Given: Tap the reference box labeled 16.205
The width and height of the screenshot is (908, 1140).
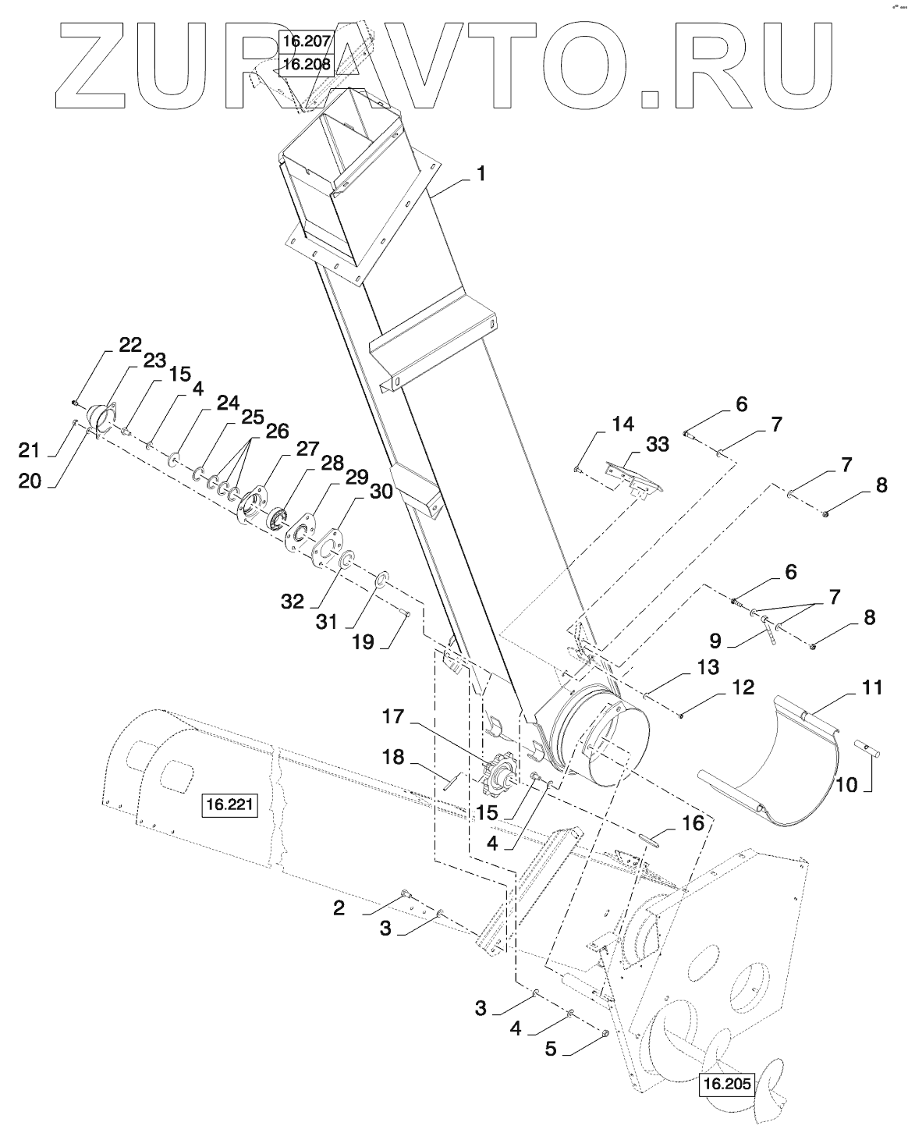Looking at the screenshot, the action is [x=727, y=1082].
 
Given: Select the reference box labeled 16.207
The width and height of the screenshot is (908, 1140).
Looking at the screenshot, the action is [x=307, y=41].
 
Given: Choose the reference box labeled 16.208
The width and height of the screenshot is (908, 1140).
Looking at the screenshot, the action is [x=307, y=65].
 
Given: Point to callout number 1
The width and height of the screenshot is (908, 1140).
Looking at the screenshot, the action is [x=481, y=174].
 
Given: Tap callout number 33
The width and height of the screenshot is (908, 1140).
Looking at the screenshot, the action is [x=658, y=445].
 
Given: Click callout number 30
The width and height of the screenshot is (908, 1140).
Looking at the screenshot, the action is [x=381, y=491].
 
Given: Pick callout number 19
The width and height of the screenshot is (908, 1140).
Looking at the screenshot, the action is [x=363, y=643].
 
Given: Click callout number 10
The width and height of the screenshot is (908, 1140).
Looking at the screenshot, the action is [x=846, y=784].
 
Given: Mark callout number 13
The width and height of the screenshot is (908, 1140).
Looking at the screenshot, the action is [x=708, y=667].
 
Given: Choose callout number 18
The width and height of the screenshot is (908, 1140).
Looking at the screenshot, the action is [x=393, y=757].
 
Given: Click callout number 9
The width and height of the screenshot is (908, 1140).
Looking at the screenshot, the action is [x=715, y=641].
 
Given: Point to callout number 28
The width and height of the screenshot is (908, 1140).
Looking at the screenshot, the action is [x=332, y=463].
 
